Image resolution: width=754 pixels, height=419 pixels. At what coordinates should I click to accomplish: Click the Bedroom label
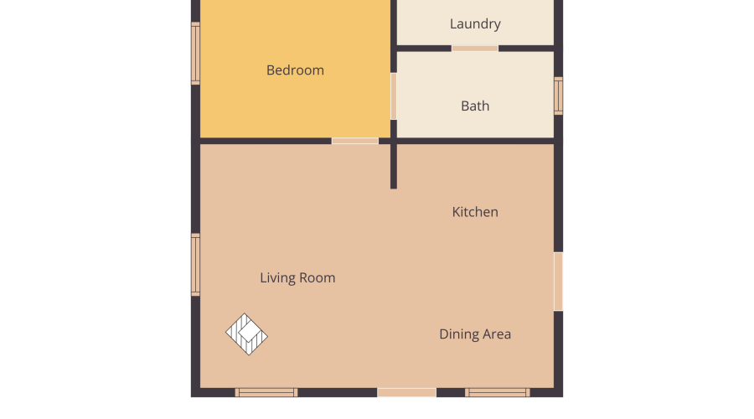click(x=295, y=70)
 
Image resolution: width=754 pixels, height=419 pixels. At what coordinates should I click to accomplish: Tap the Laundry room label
click(x=475, y=24)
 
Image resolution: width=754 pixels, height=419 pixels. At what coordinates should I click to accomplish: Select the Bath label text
click(x=475, y=106)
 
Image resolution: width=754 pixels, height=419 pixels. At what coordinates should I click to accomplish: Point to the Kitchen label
click(x=475, y=212)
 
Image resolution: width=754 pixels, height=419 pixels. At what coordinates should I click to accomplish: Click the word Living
click(x=277, y=278)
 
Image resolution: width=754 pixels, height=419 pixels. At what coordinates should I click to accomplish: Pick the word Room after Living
click(x=317, y=278)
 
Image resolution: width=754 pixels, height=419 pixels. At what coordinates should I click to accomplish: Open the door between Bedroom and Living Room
click(x=355, y=141)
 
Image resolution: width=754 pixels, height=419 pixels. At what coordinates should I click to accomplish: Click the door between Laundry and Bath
click(x=475, y=48)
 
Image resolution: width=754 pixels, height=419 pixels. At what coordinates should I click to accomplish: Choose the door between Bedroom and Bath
click(x=394, y=96)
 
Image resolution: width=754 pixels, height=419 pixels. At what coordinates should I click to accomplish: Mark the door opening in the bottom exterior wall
click(x=406, y=392)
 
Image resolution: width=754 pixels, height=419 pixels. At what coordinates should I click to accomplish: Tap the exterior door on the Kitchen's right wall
click(x=558, y=282)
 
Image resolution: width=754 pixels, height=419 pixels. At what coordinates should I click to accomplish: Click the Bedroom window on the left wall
click(x=195, y=54)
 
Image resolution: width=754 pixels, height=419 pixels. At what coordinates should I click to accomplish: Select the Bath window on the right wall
click(x=558, y=96)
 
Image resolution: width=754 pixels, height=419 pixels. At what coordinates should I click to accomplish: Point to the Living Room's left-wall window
click(x=195, y=265)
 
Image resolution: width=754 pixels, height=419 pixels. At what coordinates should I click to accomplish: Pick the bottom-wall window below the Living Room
click(x=266, y=392)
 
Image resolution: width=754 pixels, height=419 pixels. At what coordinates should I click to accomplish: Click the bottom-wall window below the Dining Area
click(x=497, y=392)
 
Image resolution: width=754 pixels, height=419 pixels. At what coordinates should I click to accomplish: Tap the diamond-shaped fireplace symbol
click(x=246, y=334)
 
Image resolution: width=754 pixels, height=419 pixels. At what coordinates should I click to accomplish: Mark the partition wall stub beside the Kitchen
click(x=394, y=165)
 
